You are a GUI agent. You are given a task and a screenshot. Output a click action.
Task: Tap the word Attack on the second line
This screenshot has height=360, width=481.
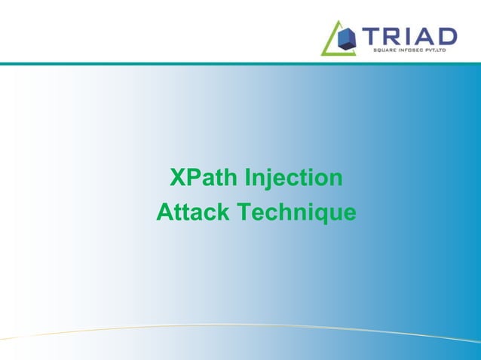coord(192,212)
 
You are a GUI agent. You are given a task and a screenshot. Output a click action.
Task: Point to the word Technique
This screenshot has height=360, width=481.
coord(296,213)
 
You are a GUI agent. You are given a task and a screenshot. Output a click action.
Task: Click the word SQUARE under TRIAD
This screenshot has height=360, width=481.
coord(385,50)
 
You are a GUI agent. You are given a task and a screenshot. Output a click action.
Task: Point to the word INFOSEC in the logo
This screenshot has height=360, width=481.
coord(414,50)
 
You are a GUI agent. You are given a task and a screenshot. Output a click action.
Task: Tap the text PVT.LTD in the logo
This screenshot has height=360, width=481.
coord(443,50)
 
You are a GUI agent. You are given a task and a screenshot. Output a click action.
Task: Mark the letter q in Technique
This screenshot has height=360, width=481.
coord(319,215)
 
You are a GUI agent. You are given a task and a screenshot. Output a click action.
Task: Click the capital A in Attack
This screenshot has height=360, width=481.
coord(164,212)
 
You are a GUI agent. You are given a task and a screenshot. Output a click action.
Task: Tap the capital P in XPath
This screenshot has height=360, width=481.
coord(191,178)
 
